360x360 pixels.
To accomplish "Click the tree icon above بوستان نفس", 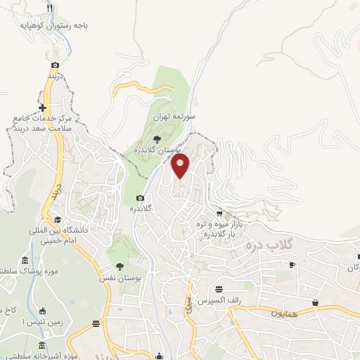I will click(120, 266).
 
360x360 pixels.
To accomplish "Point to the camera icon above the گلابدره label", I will click(140, 198).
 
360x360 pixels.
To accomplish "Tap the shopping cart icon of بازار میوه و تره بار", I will click(219, 213).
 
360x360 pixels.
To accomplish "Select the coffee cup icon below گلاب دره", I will click(292, 265).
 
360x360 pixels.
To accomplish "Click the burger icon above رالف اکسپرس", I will click(219, 289).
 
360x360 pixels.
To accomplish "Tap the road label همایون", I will click(284, 311).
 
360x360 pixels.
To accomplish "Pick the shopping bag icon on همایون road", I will click(316, 302).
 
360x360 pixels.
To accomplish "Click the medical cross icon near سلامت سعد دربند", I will click(43, 108).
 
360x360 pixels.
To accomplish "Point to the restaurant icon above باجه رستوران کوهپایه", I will click(49, 8).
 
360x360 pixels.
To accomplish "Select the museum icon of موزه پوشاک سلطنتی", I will click(25, 260).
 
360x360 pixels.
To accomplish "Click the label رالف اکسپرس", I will click(214, 300).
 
